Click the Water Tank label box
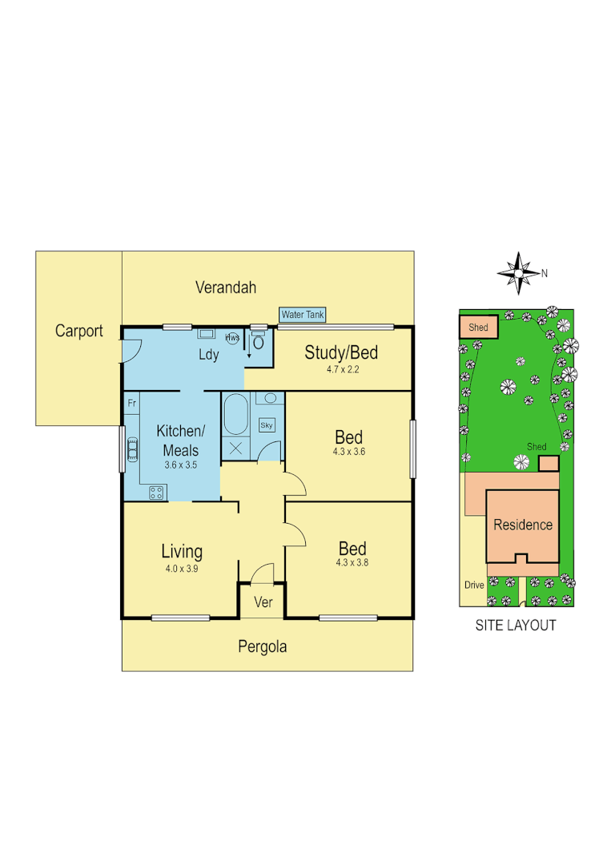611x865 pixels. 303,315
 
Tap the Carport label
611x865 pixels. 78,331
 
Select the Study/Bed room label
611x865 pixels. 341,352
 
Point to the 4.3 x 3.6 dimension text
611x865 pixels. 348,452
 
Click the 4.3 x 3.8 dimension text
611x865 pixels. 352,562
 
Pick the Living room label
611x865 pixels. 182,551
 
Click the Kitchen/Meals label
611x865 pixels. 180,440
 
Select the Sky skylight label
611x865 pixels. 267,425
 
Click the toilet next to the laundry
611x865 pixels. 258,340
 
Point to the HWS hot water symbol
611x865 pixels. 232,338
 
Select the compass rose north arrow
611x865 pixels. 519,272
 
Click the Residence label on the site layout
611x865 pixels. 523,525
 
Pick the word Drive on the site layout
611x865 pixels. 474,585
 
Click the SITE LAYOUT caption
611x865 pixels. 516,626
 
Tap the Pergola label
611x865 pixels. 262,646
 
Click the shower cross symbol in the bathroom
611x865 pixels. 236,448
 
